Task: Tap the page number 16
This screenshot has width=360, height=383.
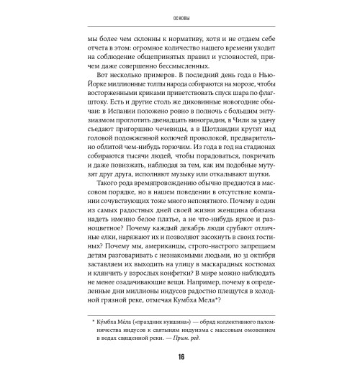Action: (x=179, y=360)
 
